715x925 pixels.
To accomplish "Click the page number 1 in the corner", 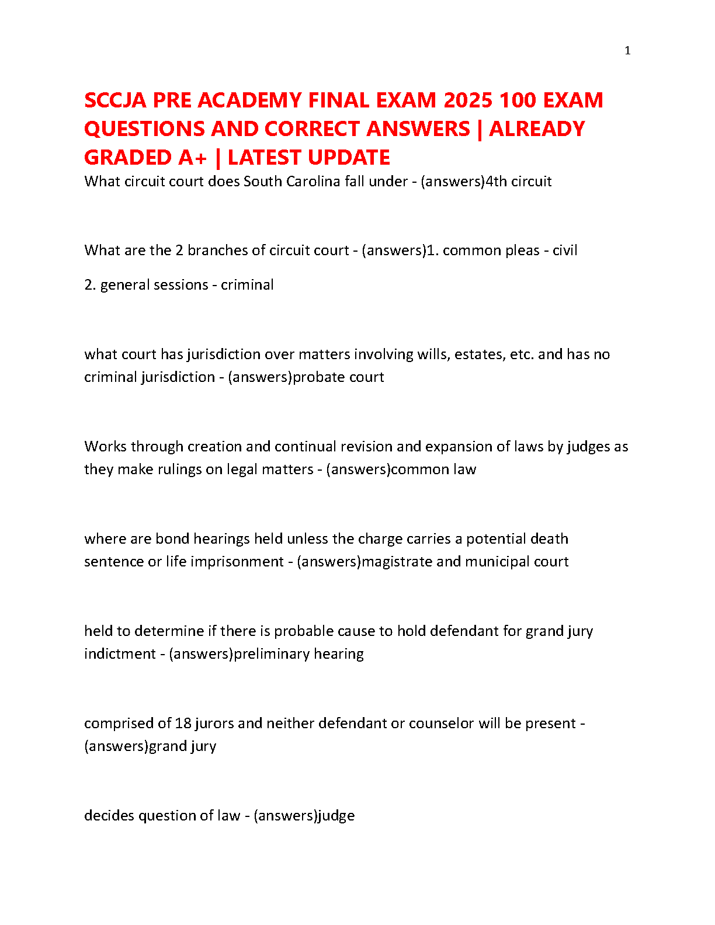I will tap(627, 51).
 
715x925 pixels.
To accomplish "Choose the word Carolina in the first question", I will tap(313, 182).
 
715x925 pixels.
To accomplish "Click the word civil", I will tap(565, 251).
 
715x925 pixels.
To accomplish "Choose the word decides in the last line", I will tap(109, 816).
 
